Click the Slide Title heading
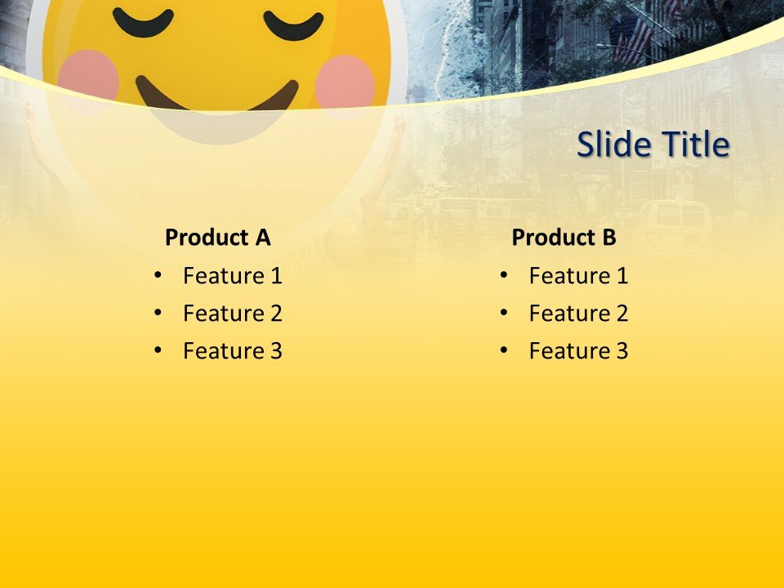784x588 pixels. pyautogui.click(x=653, y=145)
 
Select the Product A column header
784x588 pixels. pyautogui.click(x=217, y=238)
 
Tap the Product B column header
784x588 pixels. pyautogui.click(x=563, y=238)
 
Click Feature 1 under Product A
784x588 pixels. pyautogui.click(x=232, y=276)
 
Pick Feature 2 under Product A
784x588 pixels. pyautogui.click(x=232, y=314)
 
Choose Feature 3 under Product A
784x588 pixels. pyautogui.click(x=232, y=351)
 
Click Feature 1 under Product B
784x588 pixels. pyautogui.click(x=578, y=276)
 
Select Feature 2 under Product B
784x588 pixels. pyautogui.click(x=578, y=314)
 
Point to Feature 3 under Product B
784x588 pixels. pyautogui.click(x=578, y=351)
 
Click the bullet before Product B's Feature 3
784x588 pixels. pyautogui.click(x=504, y=351)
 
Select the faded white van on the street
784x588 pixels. pyautogui.click(x=675, y=225)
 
